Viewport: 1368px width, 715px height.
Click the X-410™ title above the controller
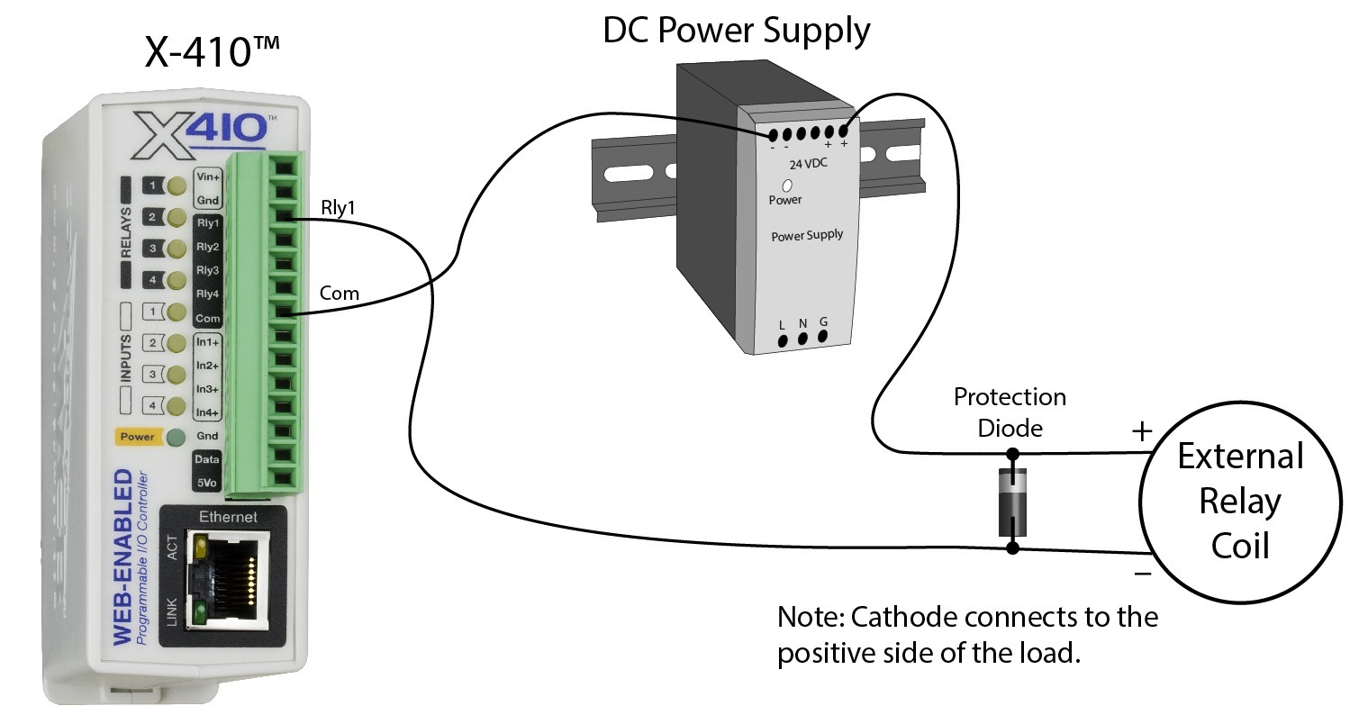[213, 51]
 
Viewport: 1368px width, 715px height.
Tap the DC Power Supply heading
[736, 30]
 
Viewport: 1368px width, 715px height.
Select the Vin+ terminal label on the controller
[208, 177]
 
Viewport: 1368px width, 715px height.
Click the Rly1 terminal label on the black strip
[208, 223]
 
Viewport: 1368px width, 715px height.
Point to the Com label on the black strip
[208, 319]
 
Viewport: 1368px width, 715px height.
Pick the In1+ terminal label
[208, 342]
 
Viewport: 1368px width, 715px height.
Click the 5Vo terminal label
[208, 484]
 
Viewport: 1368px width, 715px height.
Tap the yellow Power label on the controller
[138, 437]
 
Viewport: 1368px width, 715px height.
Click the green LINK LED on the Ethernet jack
[197, 614]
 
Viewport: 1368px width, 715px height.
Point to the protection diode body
[1011, 501]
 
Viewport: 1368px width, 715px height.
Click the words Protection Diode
[1010, 412]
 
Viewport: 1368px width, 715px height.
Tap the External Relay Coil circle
[1239, 501]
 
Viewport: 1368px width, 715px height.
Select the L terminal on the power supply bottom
[782, 340]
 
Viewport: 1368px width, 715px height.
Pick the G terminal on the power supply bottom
[822, 337]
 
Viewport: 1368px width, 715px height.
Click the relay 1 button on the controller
[154, 186]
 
